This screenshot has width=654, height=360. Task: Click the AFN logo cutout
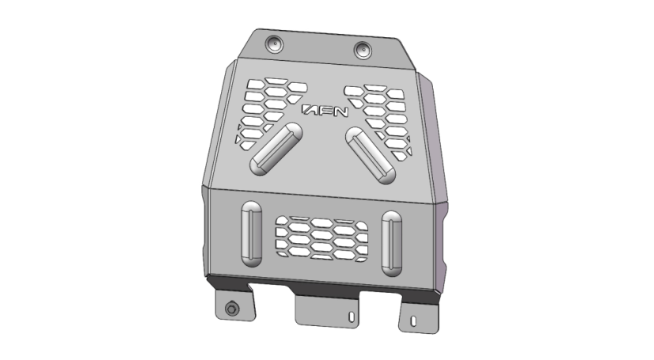[325, 111]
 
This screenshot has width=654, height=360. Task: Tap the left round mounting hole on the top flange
[275, 44]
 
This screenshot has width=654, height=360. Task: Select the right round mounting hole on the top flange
[363, 50]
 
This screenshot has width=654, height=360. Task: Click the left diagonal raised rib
[276, 149]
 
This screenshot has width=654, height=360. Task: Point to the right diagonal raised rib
[371, 155]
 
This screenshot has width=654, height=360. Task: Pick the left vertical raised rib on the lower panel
[252, 234]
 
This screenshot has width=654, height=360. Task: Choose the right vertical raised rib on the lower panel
[392, 244]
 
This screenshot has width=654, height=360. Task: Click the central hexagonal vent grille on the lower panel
[321, 239]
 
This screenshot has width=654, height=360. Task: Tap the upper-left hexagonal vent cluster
[270, 112]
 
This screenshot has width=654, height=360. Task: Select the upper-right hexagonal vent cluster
[378, 121]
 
